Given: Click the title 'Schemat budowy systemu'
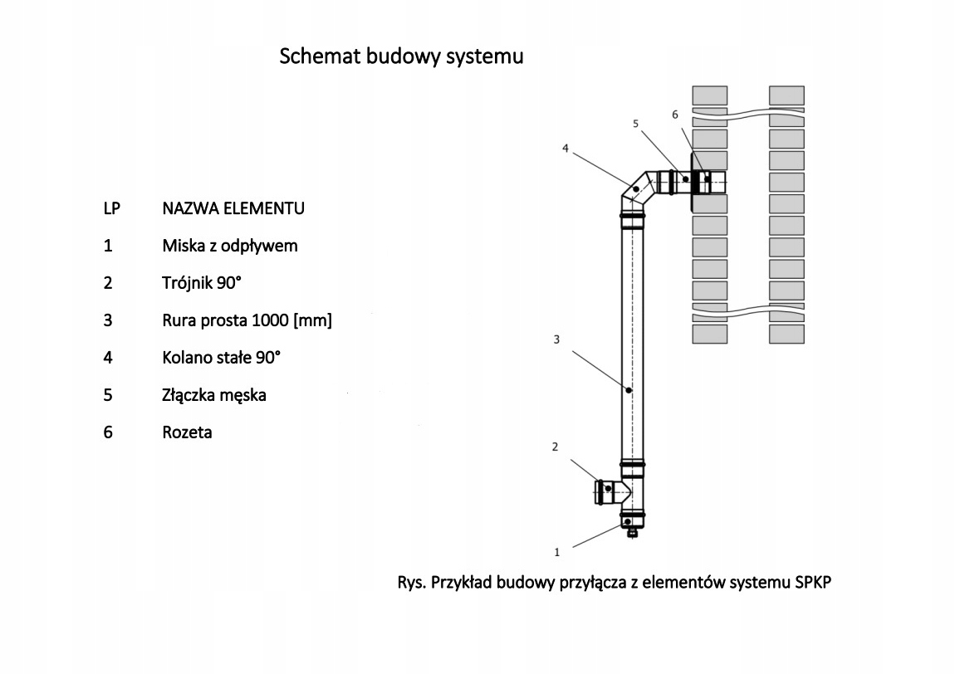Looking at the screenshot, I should click(x=401, y=56).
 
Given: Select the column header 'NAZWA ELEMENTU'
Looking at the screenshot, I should click(x=233, y=208).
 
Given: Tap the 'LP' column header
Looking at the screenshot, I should click(x=111, y=208).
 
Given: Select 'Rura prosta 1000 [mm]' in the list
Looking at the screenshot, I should click(x=247, y=320).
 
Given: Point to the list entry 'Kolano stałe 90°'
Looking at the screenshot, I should click(x=222, y=358).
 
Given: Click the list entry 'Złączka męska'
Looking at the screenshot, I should click(x=214, y=395).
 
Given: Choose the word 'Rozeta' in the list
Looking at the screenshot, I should click(x=187, y=432).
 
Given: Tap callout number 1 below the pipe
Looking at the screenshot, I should click(x=558, y=551).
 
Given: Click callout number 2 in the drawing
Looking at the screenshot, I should click(x=555, y=447).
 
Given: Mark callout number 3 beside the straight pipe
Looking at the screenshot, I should click(x=557, y=339).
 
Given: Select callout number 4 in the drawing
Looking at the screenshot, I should click(x=565, y=149).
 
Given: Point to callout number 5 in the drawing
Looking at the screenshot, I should click(x=635, y=124).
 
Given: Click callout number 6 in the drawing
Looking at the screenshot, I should click(x=675, y=114).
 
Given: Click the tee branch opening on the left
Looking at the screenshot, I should click(x=600, y=491).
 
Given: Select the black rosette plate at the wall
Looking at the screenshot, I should click(x=694, y=179).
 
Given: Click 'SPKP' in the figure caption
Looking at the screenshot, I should click(x=811, y=583).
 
